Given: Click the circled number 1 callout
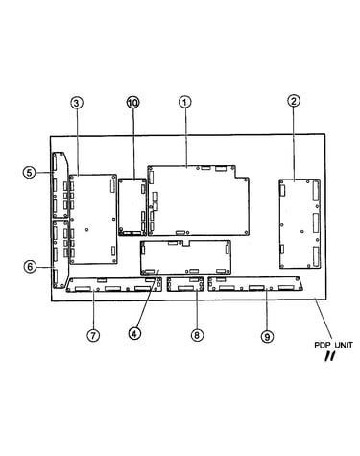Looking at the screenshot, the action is point(184,103).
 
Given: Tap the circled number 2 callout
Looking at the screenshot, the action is point(294,101).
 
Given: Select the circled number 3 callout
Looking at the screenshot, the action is point(77,103).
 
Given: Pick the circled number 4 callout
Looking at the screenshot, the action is point(134,333).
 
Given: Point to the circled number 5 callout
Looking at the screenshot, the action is point(29,173).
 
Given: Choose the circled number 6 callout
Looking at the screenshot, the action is point(30,266).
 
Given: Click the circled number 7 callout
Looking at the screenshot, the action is point(93,335).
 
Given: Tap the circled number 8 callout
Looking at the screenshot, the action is point(197,335).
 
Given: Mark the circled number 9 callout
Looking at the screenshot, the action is point(267,336).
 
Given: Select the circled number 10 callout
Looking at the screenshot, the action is point(132,103).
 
